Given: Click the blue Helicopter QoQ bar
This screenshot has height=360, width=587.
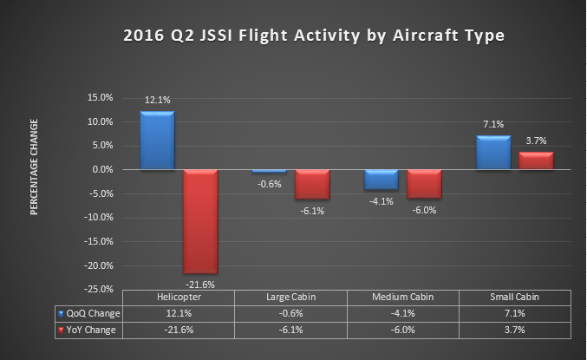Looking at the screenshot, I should click(157, 141).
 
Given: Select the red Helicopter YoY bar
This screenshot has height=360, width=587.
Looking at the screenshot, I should click(200, 221).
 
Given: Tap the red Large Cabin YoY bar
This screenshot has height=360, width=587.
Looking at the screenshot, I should click(312, 184).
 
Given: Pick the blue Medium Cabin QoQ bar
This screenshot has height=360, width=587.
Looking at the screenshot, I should click(381, 179).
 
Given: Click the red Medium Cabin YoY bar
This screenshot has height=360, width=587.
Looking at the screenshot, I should click(424, 184).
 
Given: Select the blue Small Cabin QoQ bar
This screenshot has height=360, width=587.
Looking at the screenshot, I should click(492, 153).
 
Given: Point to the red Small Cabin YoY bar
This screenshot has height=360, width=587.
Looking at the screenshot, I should click(536, 160).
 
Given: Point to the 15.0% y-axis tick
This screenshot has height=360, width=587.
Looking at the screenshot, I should click(101, 97).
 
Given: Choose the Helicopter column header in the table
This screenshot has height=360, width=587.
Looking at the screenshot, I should click(179, 298).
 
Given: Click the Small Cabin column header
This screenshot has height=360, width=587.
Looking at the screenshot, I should click(515, 298).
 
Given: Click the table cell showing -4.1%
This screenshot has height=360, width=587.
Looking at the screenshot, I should click(403, 313).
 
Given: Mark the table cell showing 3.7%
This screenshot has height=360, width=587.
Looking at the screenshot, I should click(515, 330).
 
